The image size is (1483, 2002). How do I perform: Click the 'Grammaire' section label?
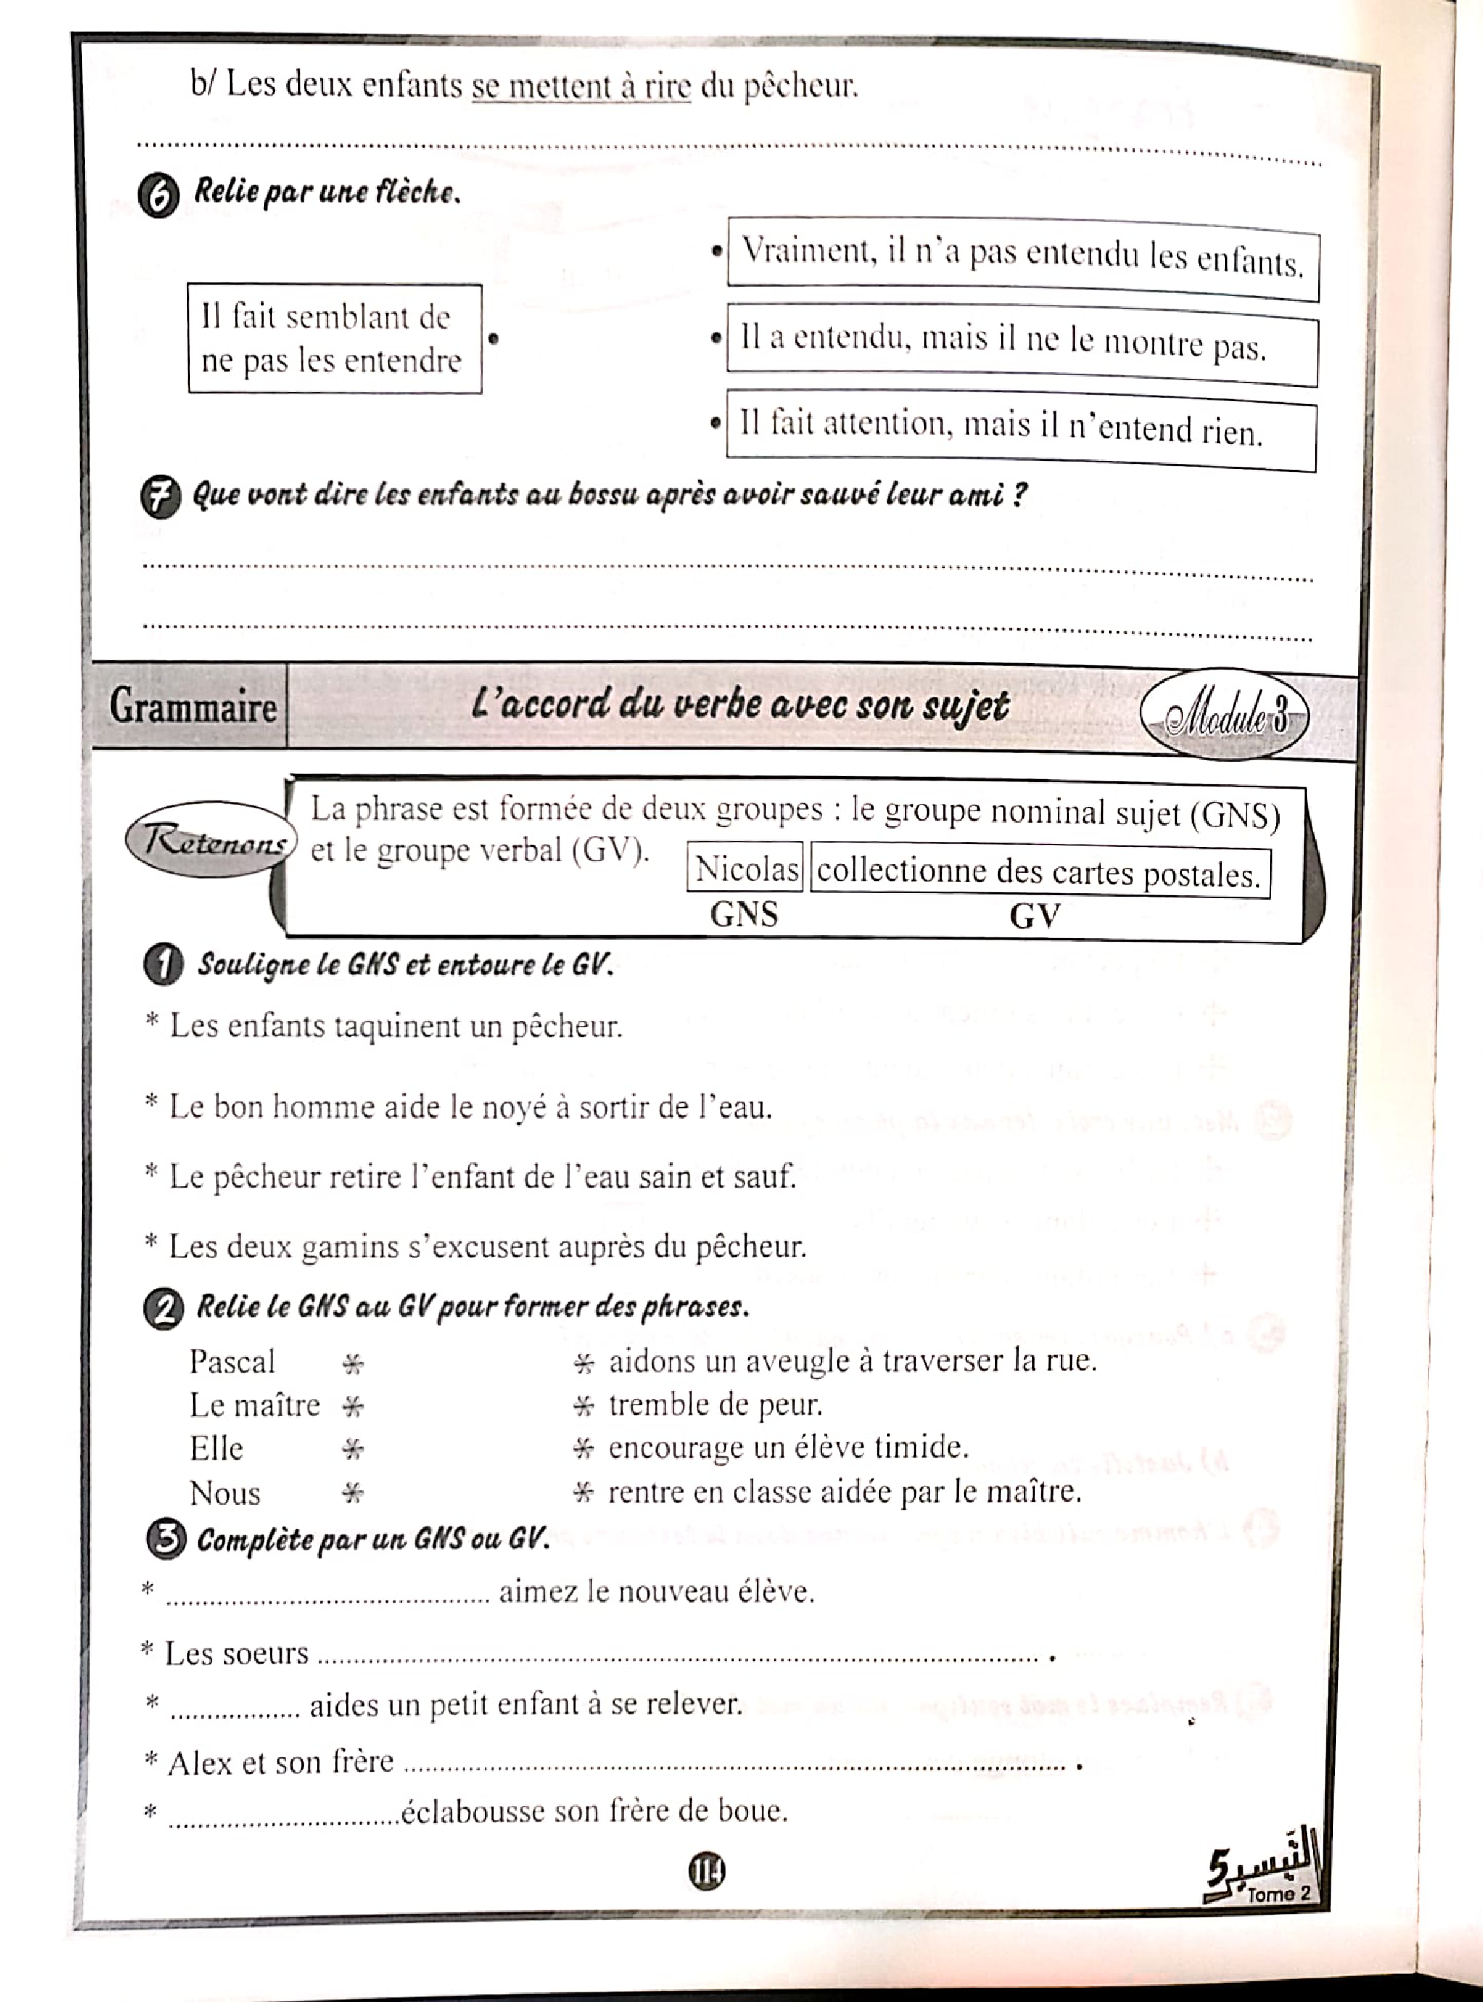192,706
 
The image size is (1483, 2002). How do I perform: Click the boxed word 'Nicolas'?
745,869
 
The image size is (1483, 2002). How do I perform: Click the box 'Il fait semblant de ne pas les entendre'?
334,339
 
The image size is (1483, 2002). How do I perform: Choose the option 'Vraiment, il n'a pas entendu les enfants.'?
1022,259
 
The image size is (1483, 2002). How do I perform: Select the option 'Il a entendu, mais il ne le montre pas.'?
1021,344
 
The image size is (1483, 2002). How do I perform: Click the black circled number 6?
159,197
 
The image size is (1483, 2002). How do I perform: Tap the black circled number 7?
160,498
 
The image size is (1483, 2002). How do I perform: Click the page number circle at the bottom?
707,1871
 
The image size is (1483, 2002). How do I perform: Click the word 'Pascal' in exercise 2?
232,1361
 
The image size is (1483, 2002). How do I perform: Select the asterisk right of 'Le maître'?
353,1406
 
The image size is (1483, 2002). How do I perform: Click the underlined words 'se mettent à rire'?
581,87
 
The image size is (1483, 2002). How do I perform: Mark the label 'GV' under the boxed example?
1034,916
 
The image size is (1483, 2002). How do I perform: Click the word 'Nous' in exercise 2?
225,1494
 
